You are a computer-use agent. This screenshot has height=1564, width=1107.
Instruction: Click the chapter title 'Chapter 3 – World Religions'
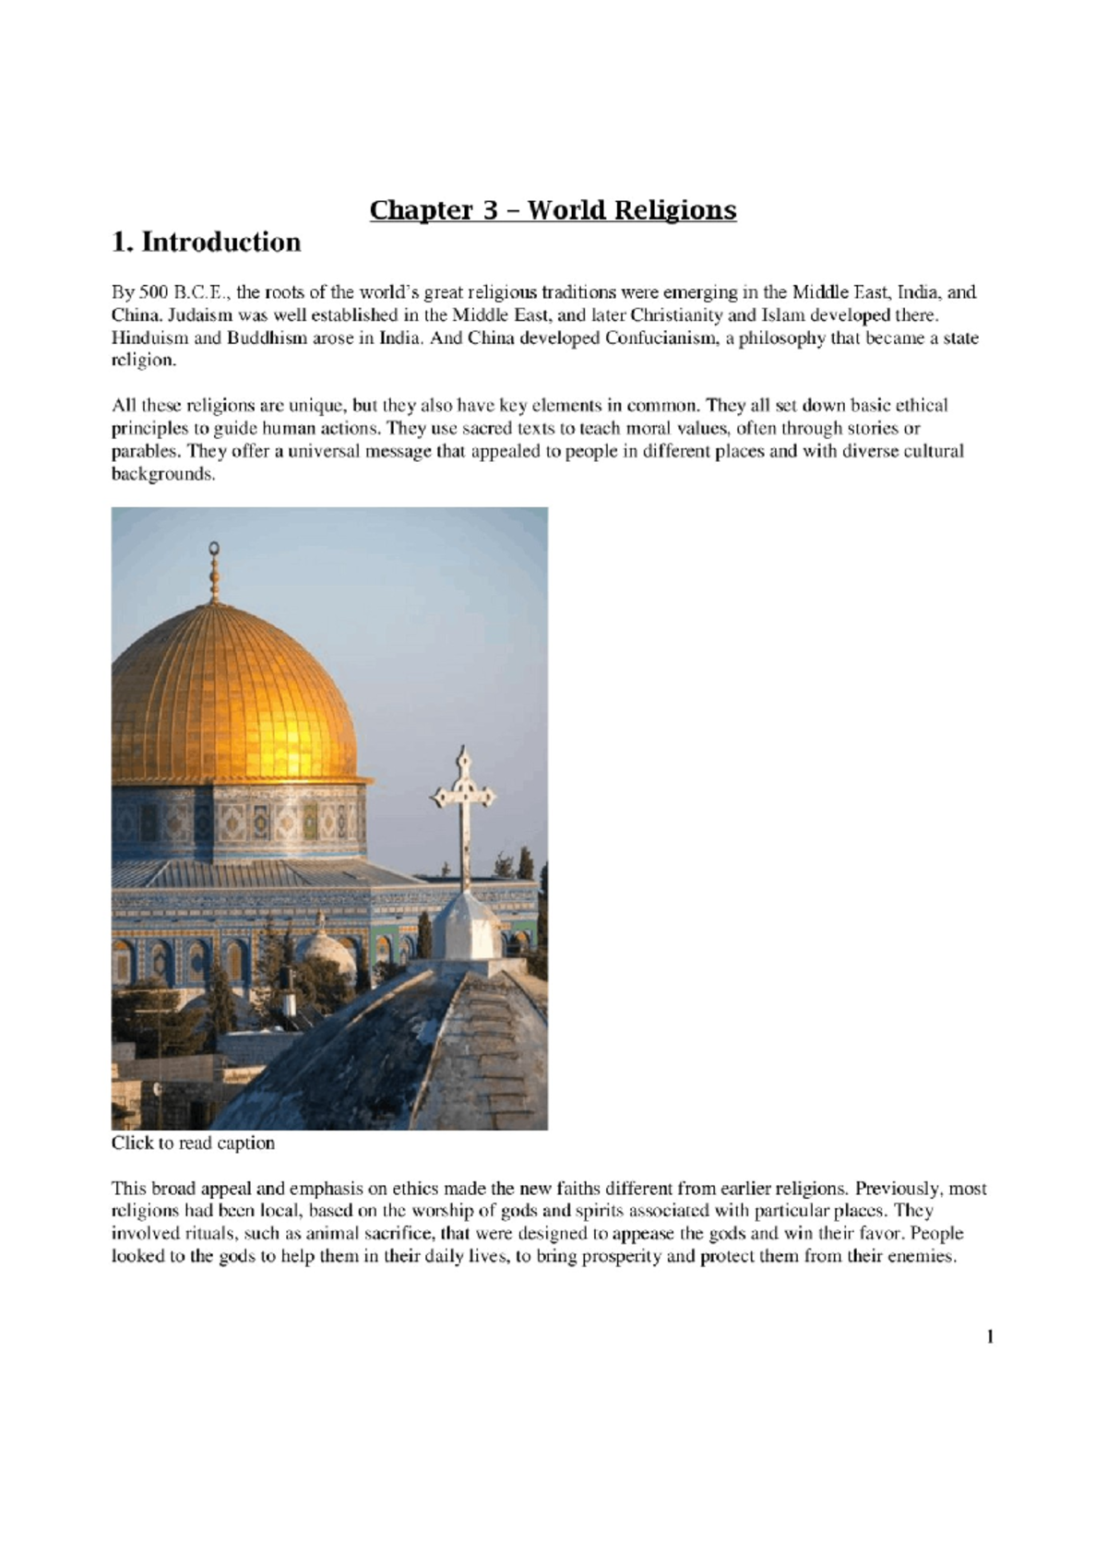tap(553, 210)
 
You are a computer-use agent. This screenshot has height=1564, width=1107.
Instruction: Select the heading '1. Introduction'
tap(206, 243)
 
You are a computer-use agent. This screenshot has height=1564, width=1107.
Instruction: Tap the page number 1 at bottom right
tap(990, 1336)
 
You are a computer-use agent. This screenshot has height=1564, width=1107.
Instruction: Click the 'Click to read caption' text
tap(193, 1143)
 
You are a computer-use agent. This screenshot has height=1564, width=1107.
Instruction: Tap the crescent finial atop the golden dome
tap(214, 551)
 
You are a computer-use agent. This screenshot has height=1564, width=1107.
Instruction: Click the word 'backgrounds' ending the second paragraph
tap(161, 475)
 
